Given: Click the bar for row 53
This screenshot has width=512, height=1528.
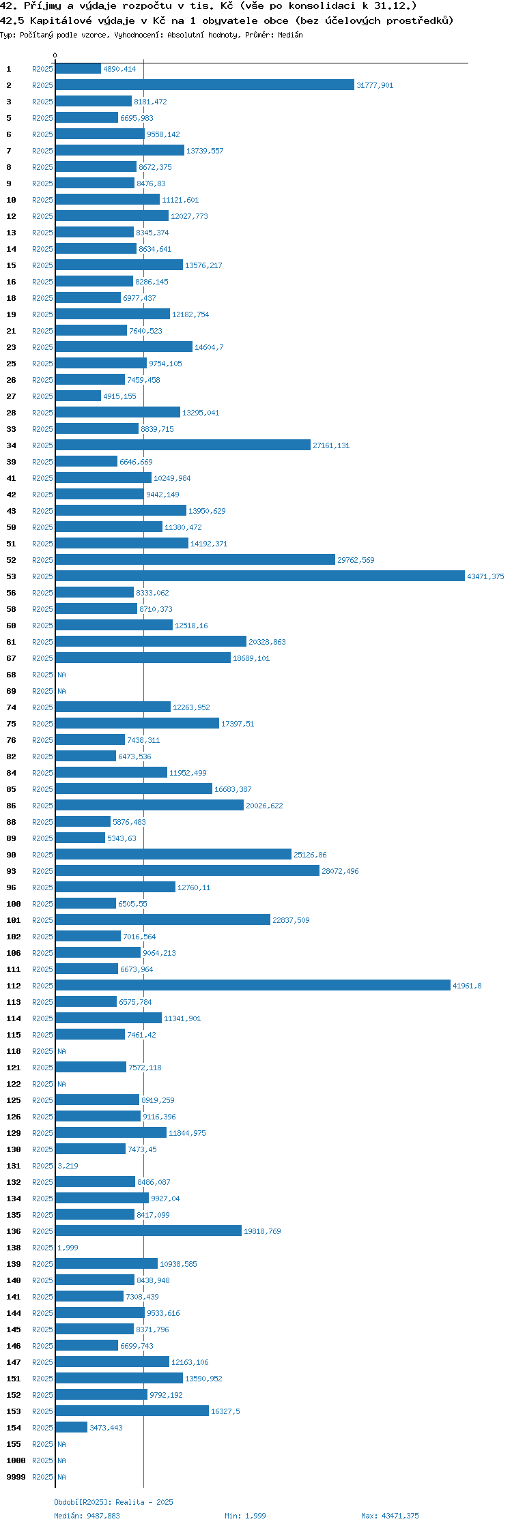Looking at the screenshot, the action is coord(260,576).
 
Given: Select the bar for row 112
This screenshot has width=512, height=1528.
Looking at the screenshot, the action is coord(253,985).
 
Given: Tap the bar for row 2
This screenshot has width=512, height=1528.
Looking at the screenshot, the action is coord(205,85).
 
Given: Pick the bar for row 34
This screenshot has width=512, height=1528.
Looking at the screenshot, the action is coord(183,445).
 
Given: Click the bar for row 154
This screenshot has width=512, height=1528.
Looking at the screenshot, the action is coord(72,1427).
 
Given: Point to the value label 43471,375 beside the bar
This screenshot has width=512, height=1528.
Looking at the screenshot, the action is coord(485,576).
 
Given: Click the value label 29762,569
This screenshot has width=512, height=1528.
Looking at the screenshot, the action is coord(356,560).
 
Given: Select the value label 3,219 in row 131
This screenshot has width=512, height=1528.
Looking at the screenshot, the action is coord(68,1166).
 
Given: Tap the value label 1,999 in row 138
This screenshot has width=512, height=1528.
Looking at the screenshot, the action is coord(68,1248).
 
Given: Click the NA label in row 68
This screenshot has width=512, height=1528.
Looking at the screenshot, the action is coord(61,675).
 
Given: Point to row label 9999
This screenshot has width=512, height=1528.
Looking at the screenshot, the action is coord(16,1477).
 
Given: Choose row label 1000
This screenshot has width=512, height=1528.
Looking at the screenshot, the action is coord(16,1460).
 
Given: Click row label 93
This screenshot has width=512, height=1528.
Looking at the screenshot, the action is coord(12,871).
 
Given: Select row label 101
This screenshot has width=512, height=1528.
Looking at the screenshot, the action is coord(14,920).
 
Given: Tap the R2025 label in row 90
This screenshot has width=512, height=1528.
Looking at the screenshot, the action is coord(42,855).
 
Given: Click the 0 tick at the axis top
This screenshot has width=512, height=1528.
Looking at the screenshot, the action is coord(55,55).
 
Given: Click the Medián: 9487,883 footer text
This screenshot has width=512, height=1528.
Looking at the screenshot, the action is coord(87,1516).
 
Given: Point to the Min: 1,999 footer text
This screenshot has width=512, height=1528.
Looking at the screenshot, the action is coord(245,1516).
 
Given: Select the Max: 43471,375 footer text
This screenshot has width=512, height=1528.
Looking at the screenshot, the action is coord(390,1516).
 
